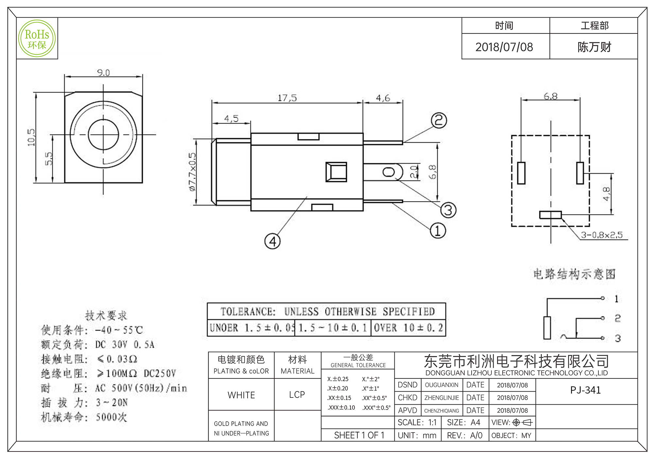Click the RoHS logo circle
point(37,39)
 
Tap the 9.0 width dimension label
point(103,73)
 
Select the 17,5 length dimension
point(287,98)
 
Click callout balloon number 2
point(439,121)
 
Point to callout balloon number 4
point(272,241)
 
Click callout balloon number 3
point(448,210)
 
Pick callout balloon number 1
point(438,231)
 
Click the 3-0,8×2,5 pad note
point(602,235)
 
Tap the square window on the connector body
point(336,172)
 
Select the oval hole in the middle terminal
point(389,172)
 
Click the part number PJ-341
point(585,390)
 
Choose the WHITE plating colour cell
point(241,395)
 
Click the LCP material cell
point(297,395)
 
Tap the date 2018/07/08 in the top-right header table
point(504,47)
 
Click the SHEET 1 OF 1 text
point(359,435)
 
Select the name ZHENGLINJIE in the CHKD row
point(441,398)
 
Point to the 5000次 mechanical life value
point(111,417)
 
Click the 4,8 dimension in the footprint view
point(606,194)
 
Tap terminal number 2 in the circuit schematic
point(617,318)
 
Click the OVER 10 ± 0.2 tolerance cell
point(408,328)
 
